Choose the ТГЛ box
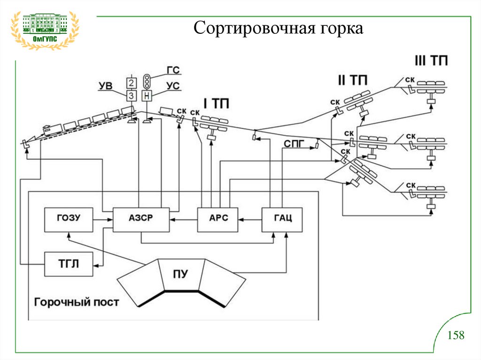click(69, 264)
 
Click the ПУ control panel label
click(180, 275)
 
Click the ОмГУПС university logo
click(45, 29)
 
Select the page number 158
click(455, 335)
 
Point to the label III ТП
click(431, 61)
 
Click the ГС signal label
click(173, 70)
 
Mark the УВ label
click(106, 86)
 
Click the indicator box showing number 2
click(132, 83)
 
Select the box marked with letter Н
click(147, 96)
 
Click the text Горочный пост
click(76, 302)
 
